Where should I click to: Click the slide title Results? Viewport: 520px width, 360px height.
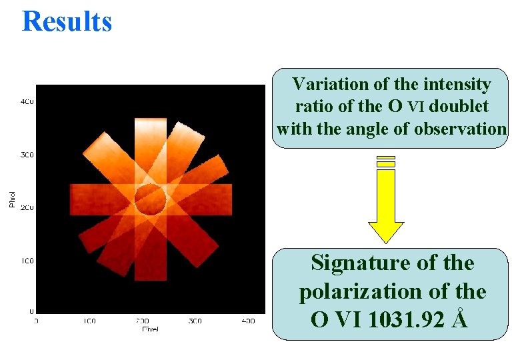coord(67,21)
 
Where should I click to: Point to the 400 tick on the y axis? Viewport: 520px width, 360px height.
coord(27,102)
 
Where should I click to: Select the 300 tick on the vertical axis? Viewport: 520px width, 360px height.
coord(27,155)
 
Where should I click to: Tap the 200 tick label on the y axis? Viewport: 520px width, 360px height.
coord(27,208)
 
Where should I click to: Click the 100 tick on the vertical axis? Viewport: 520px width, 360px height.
coord(27,260)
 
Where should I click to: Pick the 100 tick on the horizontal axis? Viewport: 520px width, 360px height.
coord(89,321)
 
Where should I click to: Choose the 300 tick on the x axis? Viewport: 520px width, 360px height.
coord(195,321)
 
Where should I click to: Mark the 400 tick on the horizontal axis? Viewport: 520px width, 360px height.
coord(247,321)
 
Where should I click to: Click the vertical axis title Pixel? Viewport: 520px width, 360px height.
coord(12,199)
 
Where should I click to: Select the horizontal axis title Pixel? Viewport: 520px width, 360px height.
coord(150,329)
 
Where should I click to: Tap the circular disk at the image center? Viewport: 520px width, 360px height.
coord(150,198)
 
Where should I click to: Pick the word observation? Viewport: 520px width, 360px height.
coord(460,128)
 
